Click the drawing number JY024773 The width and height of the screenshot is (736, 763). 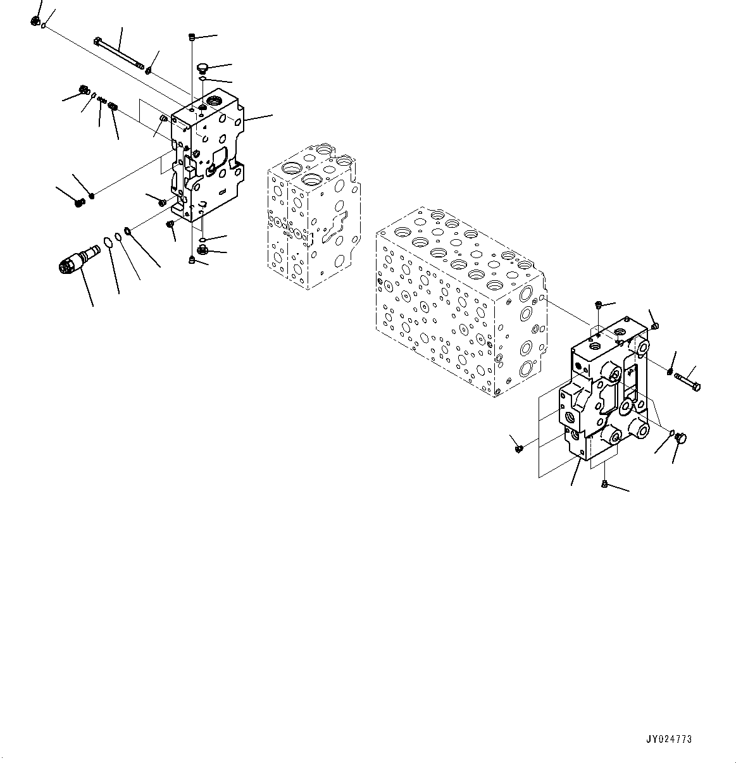click(668, 739)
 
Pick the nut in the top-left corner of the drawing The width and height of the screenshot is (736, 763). click(34, 22)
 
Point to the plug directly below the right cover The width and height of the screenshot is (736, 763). click(604, 485)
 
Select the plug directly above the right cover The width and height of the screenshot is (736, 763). click(598, 306)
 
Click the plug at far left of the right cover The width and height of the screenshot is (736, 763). click(518, 448)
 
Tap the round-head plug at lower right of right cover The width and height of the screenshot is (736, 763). click(682, 437)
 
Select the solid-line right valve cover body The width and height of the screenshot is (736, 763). click(604, 392)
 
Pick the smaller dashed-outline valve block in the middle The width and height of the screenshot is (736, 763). click(313, 215)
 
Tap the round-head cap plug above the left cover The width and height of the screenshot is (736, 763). click(203, 66)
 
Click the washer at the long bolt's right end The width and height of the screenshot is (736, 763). click(147, 70)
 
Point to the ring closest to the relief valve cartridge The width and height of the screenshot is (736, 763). click(108, 242)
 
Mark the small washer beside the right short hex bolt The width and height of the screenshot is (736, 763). click(670, 371)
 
